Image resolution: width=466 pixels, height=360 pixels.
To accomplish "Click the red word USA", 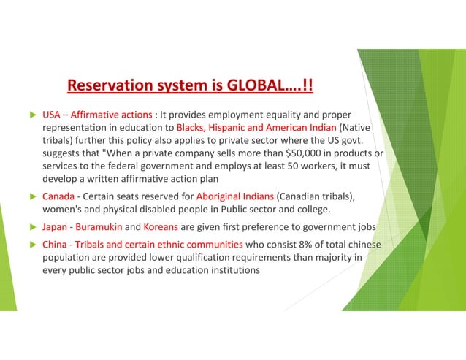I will (51, 115).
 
